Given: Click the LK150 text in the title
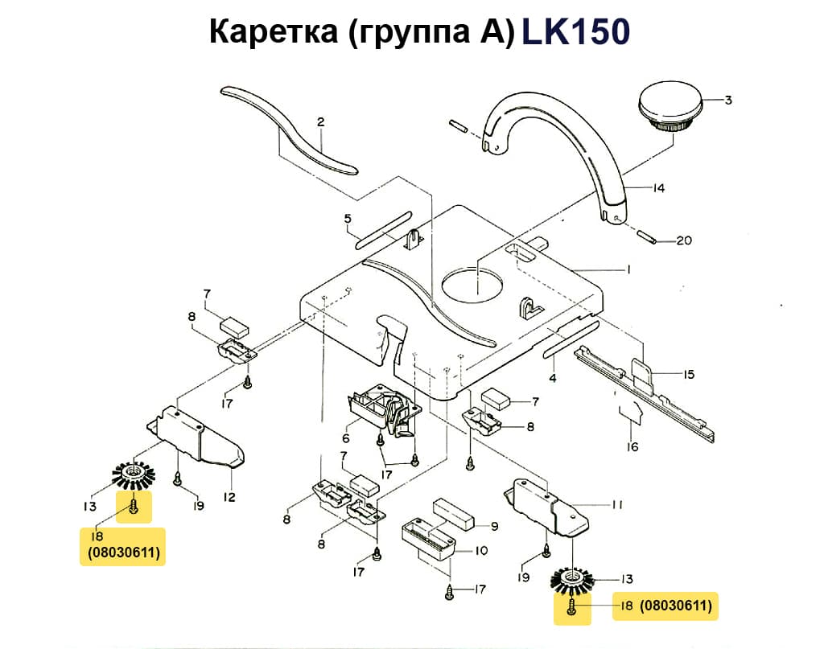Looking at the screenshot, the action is click(575, 32).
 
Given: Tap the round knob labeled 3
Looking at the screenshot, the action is click(671, 111).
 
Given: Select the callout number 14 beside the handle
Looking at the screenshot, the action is click(658, 188).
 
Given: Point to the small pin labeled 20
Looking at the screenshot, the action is click(649, 236).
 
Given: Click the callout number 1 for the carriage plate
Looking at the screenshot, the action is click(627, 269).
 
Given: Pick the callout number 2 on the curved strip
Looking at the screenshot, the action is click(320, 122).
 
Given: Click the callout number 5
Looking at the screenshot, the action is click(347, 218).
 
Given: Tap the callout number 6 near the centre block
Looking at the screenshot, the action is click(346, 438).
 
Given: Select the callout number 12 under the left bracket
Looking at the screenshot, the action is click(229, 497).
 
